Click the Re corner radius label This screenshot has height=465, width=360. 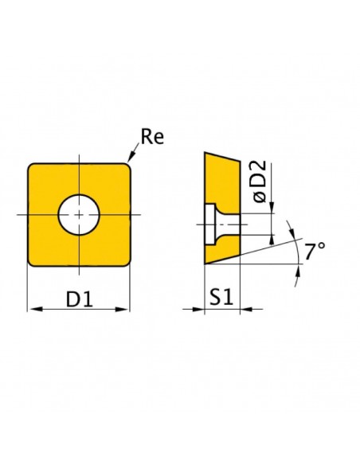pos(152,137)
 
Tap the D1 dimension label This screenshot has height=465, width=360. pos(79,299)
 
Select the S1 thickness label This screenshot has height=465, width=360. pos(221,297)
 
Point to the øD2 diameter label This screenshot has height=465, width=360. pos(260,182)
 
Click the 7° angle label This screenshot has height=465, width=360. pos(315,252)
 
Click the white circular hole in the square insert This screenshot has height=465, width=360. pos(79,215)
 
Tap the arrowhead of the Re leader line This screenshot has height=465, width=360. pos(131,157)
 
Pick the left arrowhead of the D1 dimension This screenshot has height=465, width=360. pos(36,309)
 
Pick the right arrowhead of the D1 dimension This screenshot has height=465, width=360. pos(121,309)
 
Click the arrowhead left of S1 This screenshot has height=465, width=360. pos(198,309)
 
